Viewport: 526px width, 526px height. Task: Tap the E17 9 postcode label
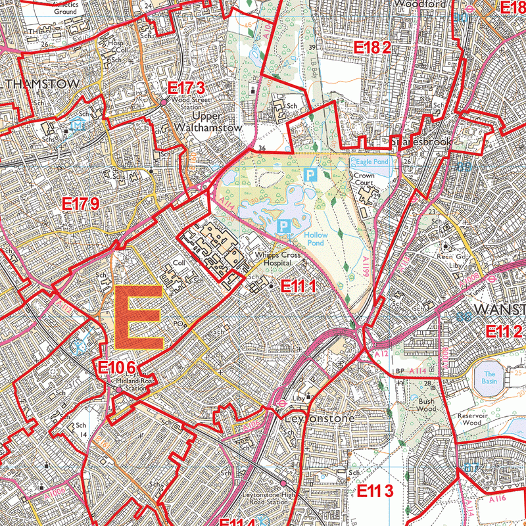point(81,204)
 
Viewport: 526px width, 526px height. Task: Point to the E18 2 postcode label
point(373,47)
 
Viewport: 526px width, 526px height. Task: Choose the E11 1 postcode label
point(299,286)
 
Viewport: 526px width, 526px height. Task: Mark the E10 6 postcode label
point(118,369)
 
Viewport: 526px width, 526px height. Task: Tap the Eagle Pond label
point(371,161)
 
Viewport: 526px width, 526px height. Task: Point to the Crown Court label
point(364,180)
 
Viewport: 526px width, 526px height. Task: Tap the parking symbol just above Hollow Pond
point(283,226)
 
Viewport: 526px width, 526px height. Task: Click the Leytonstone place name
point(320,418)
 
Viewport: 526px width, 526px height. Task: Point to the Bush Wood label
point(427,404)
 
